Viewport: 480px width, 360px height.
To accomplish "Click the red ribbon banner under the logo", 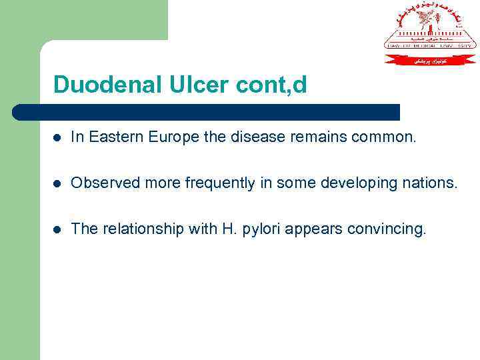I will click(x=430, y=59).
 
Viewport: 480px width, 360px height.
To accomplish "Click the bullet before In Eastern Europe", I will click(x=58, y=138).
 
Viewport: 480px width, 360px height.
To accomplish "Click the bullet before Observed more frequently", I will click(x=58, y=183).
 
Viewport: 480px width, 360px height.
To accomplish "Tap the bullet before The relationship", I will click(x=58, y=229).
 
